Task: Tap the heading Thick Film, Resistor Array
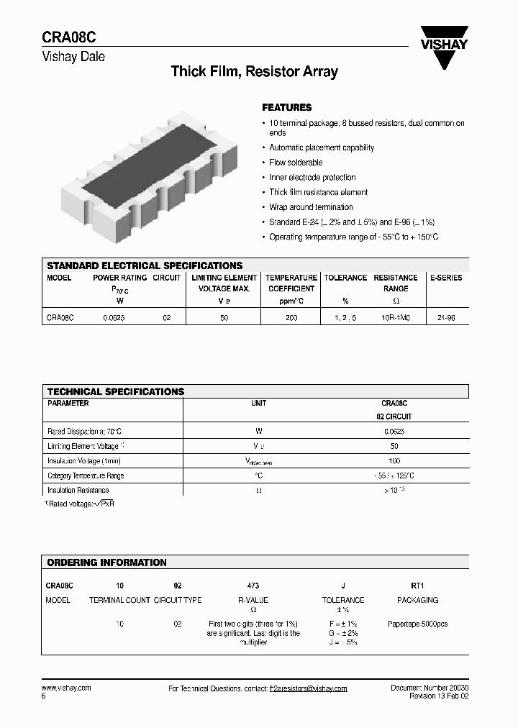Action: [254, 71]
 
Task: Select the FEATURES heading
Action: [286, 107]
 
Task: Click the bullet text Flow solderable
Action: [296, 163]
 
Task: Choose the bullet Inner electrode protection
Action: [312, 178]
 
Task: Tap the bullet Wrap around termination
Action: [311, 207]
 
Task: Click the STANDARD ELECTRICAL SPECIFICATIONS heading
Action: [145, 265]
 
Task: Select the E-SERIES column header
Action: [446, 278]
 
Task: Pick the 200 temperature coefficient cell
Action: [291, 317]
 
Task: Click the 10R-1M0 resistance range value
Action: [395, 317]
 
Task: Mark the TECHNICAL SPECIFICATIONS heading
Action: [116, 391]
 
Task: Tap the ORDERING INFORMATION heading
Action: [106, 563]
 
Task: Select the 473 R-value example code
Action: [253, 586]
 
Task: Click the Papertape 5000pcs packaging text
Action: [417, 624]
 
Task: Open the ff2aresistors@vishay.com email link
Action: [308, 688]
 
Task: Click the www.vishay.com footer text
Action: [66, 688]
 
